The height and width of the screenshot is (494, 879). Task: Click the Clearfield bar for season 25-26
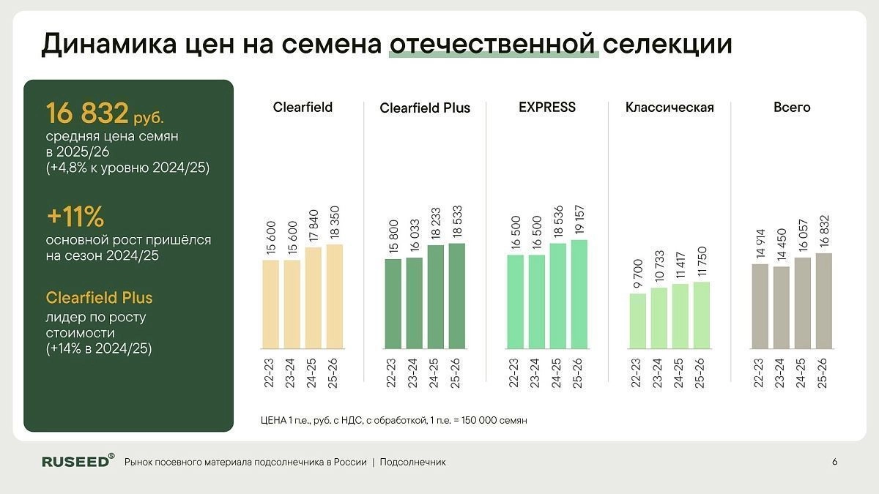[334, 296]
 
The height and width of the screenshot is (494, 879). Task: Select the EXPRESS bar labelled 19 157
[579, 294]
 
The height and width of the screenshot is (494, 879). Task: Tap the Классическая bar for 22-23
[637, 321]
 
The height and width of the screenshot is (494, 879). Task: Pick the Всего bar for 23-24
[782, 307]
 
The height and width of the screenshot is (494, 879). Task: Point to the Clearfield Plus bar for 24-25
[436, 296]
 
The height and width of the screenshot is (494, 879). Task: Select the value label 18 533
[457, 220]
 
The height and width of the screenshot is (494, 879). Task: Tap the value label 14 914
[760, 241]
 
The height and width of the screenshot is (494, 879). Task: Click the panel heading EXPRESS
[547, 108]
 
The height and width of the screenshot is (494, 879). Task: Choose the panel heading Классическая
[670, 108]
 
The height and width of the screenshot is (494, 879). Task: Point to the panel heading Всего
[792, 108]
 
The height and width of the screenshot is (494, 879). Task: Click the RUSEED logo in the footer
[78, 461]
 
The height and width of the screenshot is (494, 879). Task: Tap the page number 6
[835, 462]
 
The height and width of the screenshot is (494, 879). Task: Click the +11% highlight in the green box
[75, 217]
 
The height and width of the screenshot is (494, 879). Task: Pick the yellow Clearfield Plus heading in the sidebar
[99, 299]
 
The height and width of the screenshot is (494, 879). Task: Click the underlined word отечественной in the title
[494, 44]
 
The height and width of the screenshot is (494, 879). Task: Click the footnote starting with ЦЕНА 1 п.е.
[393, 421]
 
